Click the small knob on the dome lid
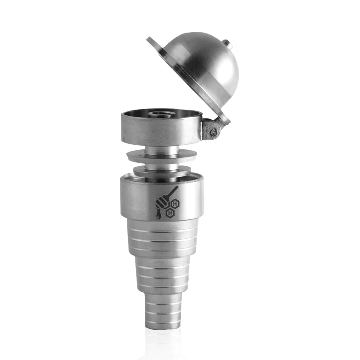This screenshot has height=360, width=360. pyautogui.click(x=228, y=44)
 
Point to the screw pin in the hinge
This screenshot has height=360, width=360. pyautogui.click(x=213, y=132)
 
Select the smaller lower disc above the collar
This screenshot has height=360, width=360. pyautogui.click(x=162, y=170)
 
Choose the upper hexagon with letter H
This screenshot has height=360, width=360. pyautogui.click(x=175, y=203)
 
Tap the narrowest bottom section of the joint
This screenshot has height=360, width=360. pyautogui.click(x=163, y=310)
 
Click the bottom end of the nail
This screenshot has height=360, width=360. pyautogui.click(x=163, y=327)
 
